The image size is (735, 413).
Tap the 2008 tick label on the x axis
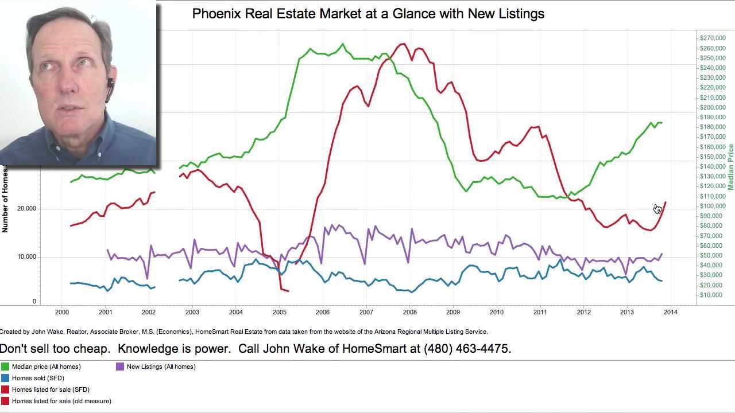pos(409,312)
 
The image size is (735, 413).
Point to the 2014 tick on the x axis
pos(670,312)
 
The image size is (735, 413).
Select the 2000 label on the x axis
pos(62,312)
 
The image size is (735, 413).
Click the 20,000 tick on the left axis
pos(26,209)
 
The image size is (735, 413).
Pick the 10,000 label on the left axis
pos(26,256)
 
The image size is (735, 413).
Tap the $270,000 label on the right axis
pos(713,38)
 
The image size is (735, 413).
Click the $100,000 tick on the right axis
pos(713,206)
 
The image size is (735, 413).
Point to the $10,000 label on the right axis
pos(711,295)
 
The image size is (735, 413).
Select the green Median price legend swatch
pos(5,367)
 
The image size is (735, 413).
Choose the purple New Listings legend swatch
pos(120,367)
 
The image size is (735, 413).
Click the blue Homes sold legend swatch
pos(5,378)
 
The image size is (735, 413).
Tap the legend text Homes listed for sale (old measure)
pos(61,401)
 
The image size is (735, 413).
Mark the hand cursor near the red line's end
pos(657,209)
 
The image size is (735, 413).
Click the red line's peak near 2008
pos(403,44)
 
